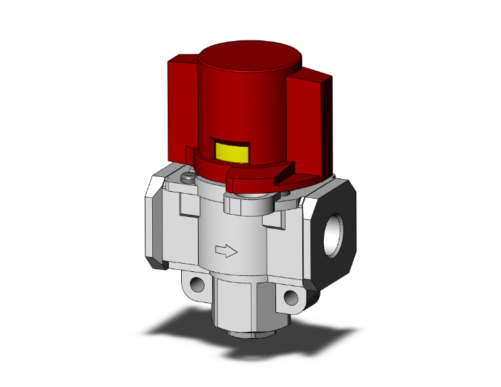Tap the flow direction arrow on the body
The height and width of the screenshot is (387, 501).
(226, 251)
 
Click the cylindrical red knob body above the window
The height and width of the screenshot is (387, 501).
(246, 101)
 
